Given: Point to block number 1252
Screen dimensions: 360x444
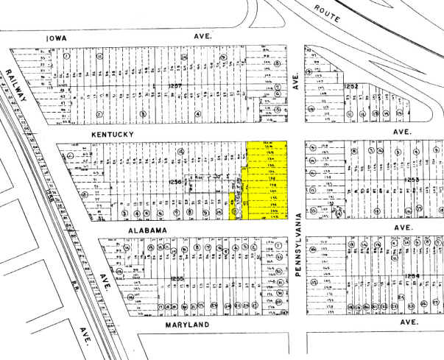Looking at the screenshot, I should tap(350, 87).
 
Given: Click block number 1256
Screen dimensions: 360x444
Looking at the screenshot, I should tap(175, 182).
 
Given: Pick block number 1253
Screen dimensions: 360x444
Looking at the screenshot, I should tap(411, 180).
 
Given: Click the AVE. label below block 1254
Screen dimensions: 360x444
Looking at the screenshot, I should tap(409, 323).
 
